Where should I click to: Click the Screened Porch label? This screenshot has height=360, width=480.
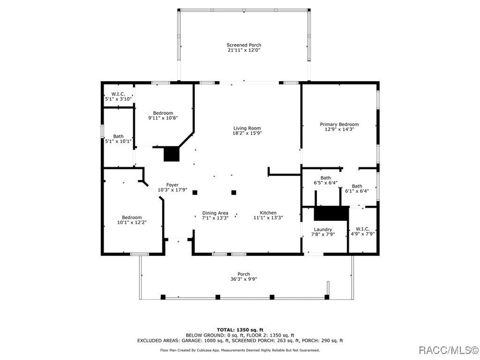tap(244, 45)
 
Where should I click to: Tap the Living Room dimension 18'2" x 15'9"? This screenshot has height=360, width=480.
tap(247, 133)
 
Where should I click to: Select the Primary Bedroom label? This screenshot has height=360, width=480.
tap(339, 124)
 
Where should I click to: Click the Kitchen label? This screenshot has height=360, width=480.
tap(268, 213)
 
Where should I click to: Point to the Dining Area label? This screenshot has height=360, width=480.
tap(215, 213)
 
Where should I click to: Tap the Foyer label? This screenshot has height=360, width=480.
tap(172, 185)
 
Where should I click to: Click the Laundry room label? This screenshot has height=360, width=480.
tap(323, 229)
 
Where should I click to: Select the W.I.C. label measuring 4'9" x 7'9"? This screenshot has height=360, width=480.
tap(363, 229)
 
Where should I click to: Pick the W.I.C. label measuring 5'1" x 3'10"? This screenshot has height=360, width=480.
tap(118, 94)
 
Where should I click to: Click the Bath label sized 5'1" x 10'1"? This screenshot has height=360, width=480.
tap(119, 136)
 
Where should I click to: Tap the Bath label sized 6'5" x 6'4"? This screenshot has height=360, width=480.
tap(326, 178)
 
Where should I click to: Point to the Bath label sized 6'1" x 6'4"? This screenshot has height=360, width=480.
tap(357, 186)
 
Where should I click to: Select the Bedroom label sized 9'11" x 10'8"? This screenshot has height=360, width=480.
tap(163, 113)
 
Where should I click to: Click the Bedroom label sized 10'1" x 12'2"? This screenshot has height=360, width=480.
tap(132, 217)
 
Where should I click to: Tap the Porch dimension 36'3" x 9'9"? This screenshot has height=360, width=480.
tap(244, 279)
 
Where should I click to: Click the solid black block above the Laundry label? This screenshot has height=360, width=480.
tap(332, 214)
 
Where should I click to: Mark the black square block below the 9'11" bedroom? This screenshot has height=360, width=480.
tap(171, 154)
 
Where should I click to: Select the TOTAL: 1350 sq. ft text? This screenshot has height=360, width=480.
tap(240, 330)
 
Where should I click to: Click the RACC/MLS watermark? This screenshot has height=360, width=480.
tap(448, 350)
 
